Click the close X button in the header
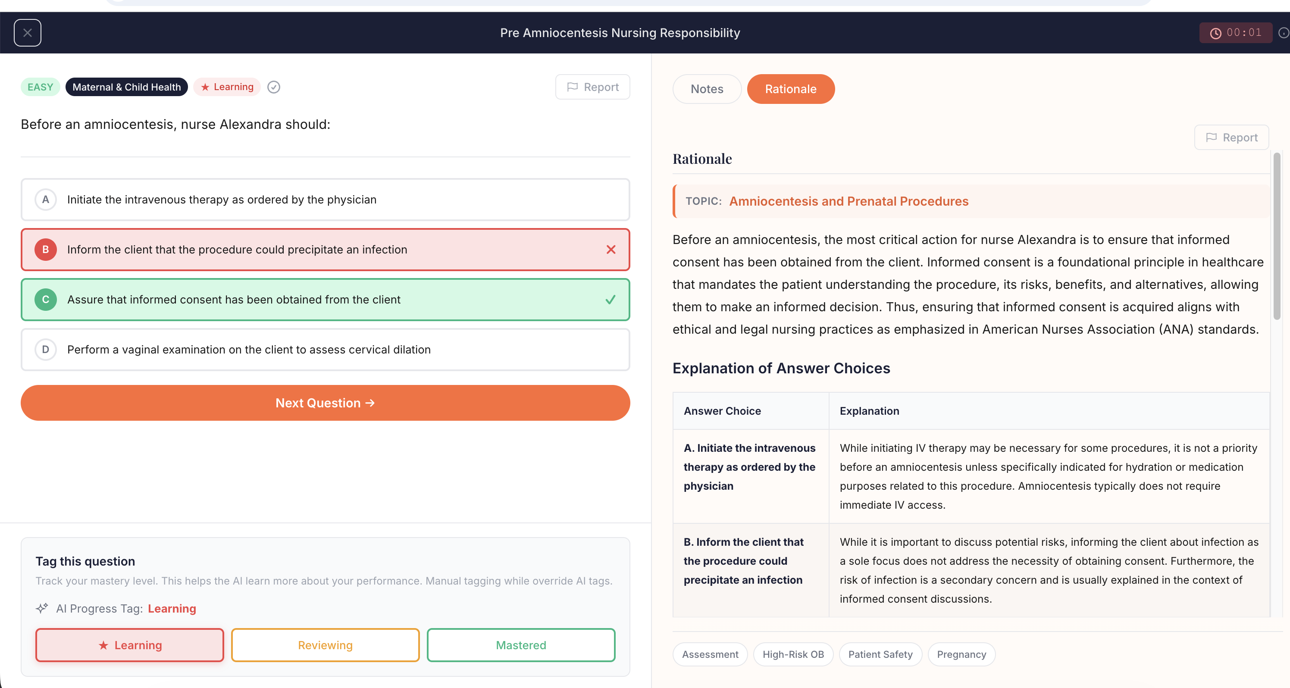(28, 33)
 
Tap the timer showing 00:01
(1235, 33)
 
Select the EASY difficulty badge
(40, 87)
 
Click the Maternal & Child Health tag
(126, 87)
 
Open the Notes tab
(707, 89)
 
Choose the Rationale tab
(790, 89)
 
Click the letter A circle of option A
(46, 200)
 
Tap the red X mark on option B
(611, 250)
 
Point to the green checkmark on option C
(610, 300)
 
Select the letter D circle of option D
(46, 350)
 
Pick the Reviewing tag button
(325, 645)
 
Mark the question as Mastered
(521, 645)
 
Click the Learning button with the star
(130, 645)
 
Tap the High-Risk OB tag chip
(793, 654)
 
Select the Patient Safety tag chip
(880, 654)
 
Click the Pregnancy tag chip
(961, 654)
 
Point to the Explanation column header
(869, 411)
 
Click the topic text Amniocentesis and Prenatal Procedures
(849, 201)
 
